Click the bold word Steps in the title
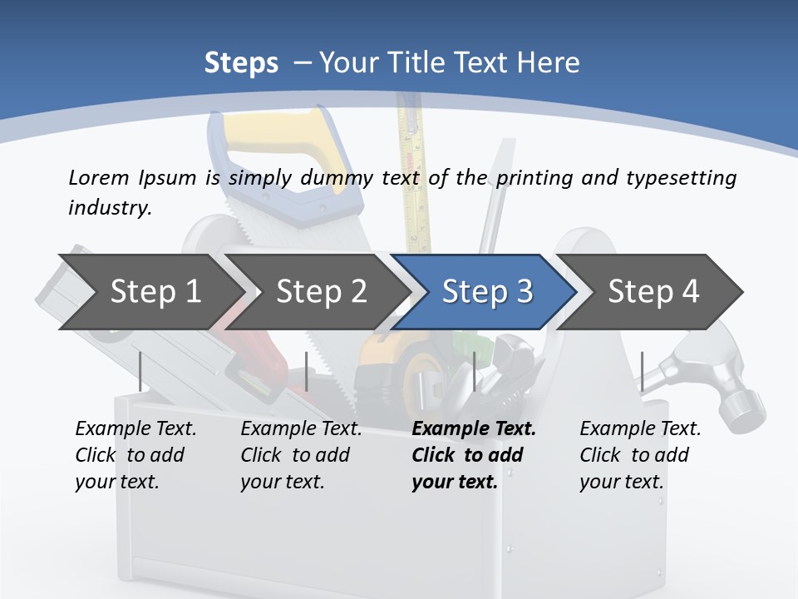241,62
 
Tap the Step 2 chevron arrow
321,291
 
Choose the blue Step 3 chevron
487,291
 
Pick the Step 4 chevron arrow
653,291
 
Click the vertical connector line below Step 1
140,371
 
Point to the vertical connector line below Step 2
307,371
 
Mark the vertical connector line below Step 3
474,371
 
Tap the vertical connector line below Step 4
642,371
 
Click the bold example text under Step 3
472,455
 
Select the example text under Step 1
135,455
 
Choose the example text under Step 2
300,455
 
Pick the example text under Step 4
639,455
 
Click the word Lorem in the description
98,177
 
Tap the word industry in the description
109,208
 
